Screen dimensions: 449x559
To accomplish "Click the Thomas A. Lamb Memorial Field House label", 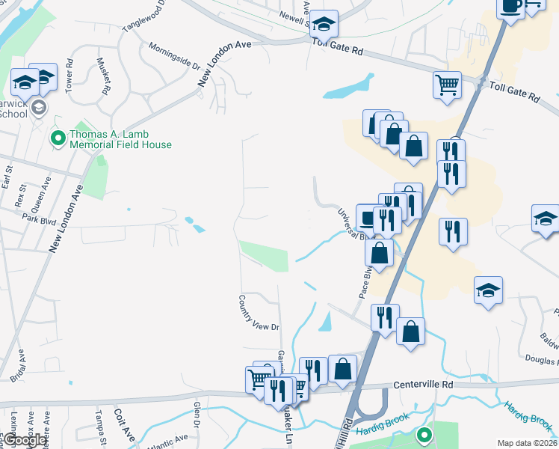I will pos(120,140).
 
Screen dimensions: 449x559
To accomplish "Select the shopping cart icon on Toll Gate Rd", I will pos(447,84).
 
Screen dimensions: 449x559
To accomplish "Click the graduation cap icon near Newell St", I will pos(324,24).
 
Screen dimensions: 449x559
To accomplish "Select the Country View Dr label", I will pos(259,313).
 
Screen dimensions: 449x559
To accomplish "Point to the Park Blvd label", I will pos(40,220).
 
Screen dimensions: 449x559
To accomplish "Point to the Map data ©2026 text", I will pos(527,443).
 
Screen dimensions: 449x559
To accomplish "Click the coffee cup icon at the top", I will pos(511,7).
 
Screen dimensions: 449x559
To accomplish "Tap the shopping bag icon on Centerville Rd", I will pos(342,369).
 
